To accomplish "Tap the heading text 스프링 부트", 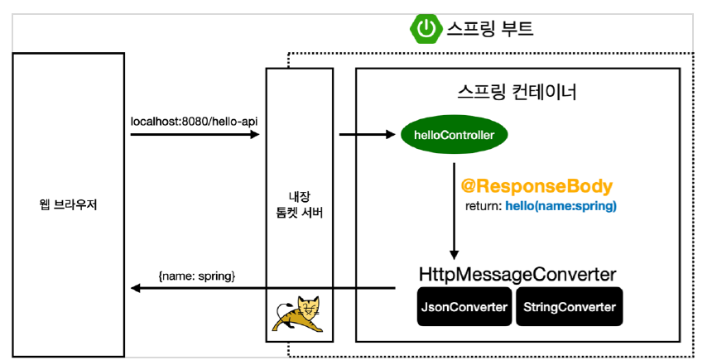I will [x=490, y=30].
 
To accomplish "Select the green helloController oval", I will [x=454, y=134].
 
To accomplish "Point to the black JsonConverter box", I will [x=464, y=307].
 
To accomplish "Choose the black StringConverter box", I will [x=570, y=307].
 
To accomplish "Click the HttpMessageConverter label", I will [x=518, y=274].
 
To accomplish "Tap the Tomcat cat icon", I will [x=300, y=314].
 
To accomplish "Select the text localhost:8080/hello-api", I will [x=195, y=121].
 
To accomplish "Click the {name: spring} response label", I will [x=196, y=274].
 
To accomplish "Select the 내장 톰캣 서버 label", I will [x=300, y=204].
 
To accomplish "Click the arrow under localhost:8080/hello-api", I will [x=195, y=134].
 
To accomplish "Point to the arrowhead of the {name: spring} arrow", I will [x=134, y=288].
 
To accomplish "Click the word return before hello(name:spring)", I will [x=485, y=206].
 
